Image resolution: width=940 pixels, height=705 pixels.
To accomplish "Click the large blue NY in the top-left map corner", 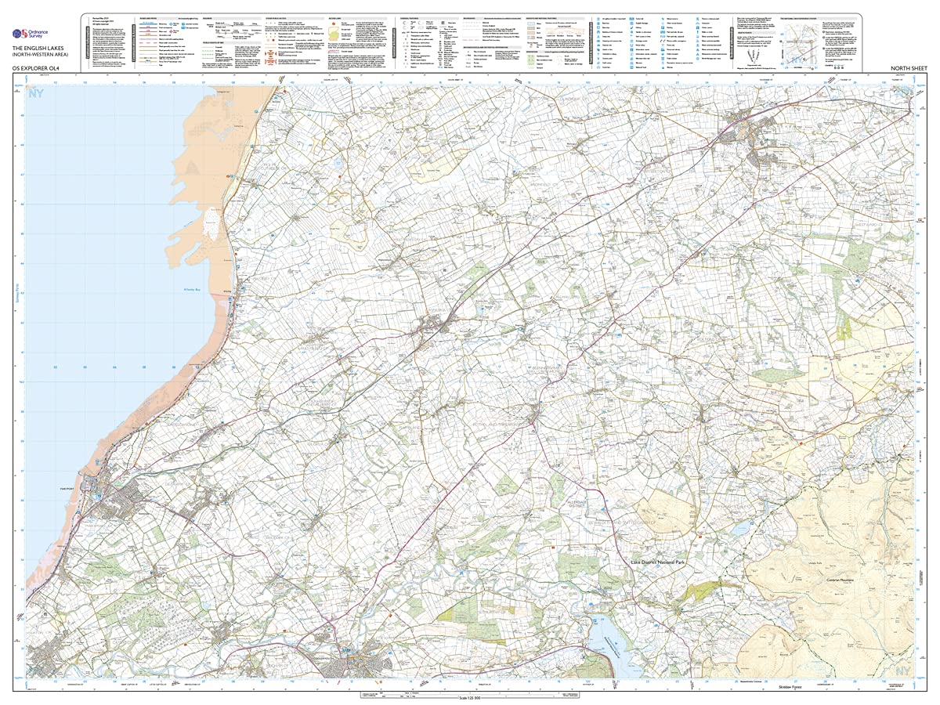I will point(35,95).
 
